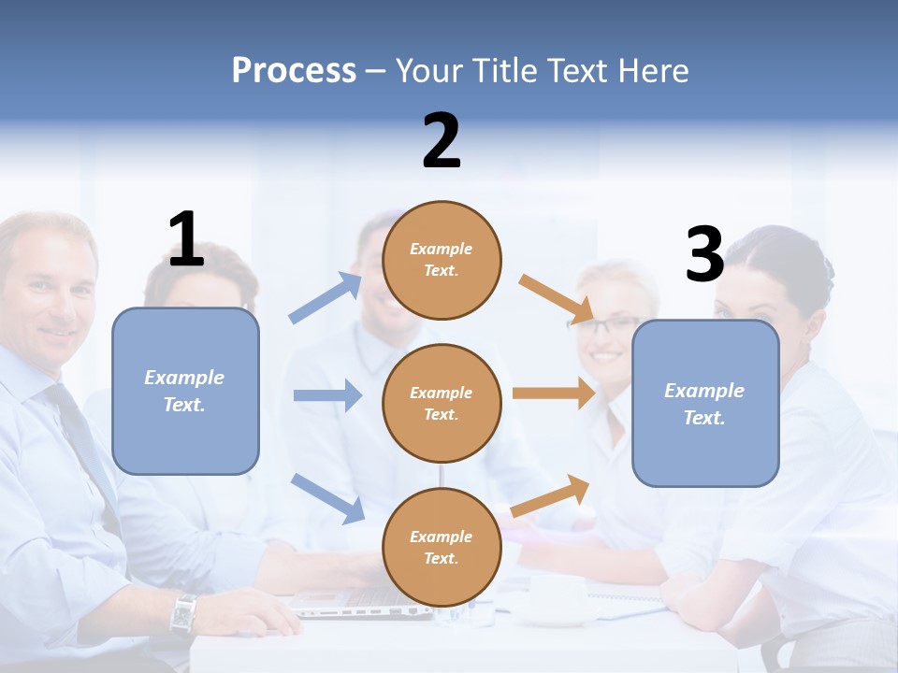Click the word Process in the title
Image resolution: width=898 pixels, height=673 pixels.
pos(294,70)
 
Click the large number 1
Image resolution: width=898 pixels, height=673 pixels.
pos(186,239)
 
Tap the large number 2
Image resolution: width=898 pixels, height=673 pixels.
pos(442,141)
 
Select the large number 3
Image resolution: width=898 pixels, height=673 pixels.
pos(705,254)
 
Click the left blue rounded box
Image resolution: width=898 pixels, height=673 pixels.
pos(185,391)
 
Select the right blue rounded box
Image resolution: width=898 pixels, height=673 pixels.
pos(705,403)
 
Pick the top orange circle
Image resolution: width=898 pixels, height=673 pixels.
pos(442,260)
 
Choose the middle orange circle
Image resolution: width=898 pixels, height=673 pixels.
pos(442,403)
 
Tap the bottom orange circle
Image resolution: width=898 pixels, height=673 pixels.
pos(442,547)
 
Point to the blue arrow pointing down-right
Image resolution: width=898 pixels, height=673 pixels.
pos(327,497)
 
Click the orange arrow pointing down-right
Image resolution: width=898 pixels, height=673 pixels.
pos(557,299)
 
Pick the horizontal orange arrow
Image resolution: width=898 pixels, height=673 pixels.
pos(554,393)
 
